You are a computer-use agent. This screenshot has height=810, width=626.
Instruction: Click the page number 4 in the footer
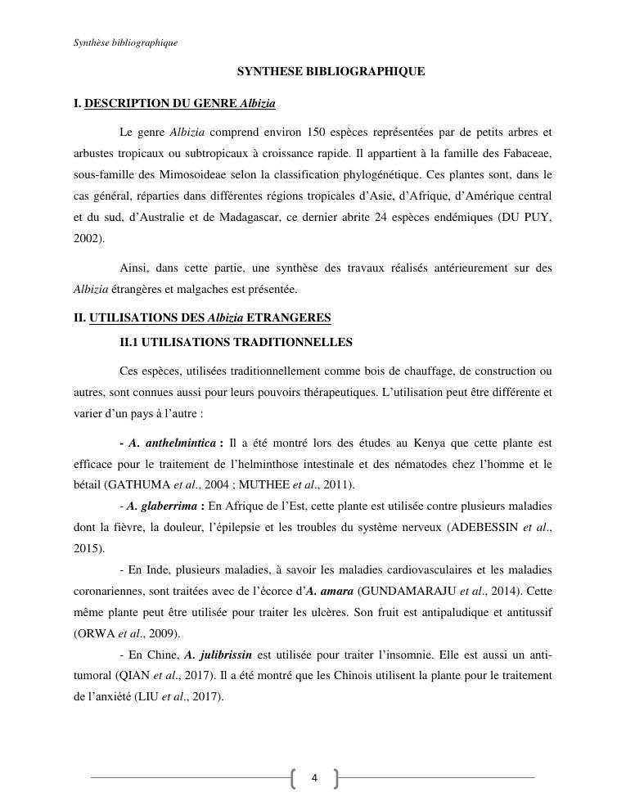click(x=314, y=778)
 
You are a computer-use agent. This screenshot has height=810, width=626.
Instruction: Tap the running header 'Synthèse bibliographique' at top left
click(x=125, y=43)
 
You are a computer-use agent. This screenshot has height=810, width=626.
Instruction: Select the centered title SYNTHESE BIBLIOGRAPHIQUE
click(x=331, y=72)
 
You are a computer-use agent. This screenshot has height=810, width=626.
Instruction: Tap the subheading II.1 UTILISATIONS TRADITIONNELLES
click(x=236, y=342)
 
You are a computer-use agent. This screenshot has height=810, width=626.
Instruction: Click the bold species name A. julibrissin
click(x=218, y=655)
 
